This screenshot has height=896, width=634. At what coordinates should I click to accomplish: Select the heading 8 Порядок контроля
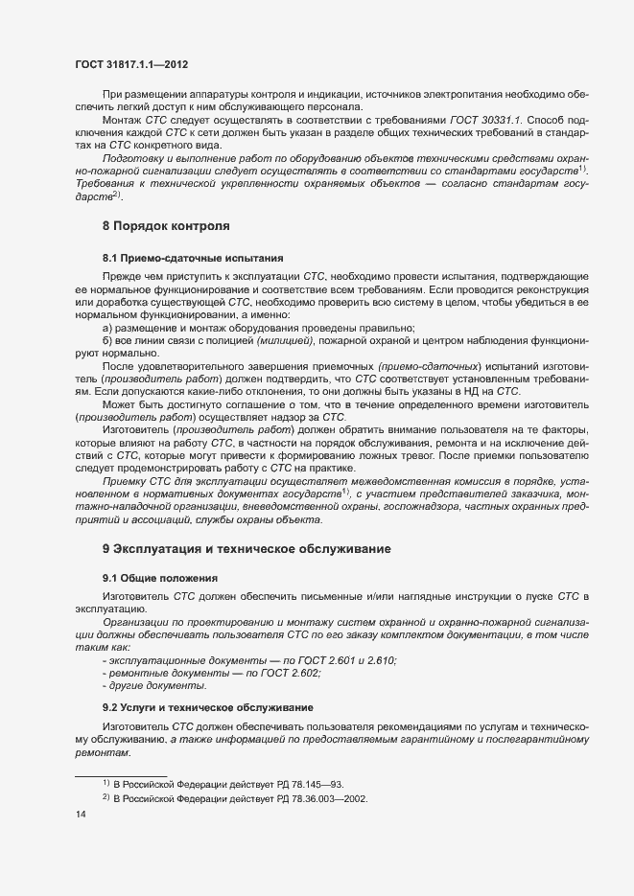pyautogui.click(x=165, y=226)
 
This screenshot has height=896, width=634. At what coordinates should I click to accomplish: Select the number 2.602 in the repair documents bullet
pyautogui.click(x=301, y=675)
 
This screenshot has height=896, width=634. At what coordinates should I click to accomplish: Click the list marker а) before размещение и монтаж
pyautogui.click(x=107, y=328)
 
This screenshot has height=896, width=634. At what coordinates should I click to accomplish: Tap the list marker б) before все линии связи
pyautogui.click(x=107, y=341)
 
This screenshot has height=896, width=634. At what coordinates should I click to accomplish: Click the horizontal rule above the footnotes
pyautogui.click(x=121, y=773)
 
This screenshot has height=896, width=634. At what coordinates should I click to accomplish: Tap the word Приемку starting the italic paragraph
pyautogui.click(x=125, y=480)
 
